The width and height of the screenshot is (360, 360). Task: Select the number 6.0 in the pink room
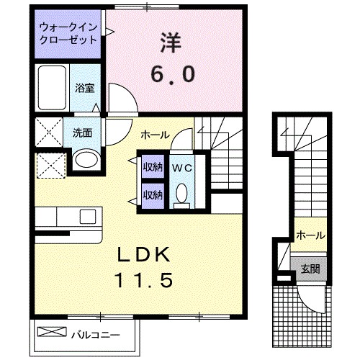pos(172,74)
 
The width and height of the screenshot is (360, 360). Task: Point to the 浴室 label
pos(85,89)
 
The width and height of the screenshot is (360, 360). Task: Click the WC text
pos(181,168)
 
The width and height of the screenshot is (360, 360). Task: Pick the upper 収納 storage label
pos(152,168)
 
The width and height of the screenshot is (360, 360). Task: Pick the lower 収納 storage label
pos(152,194)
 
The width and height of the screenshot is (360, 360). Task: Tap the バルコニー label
pos(94,333)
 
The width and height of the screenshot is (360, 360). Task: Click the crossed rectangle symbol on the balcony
pos(50,332)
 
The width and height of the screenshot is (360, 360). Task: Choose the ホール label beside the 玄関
pos(310,235)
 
